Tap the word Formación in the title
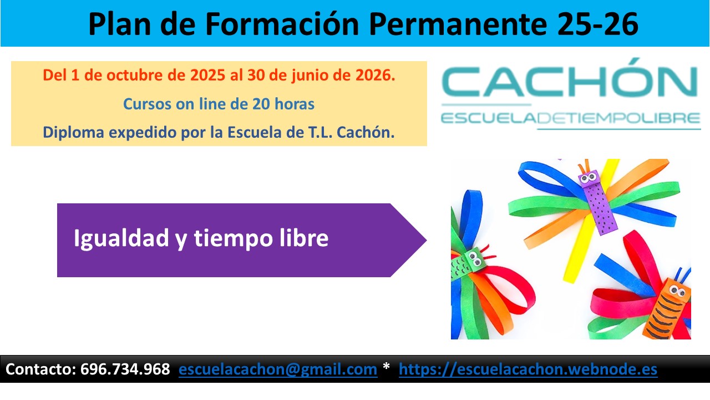[x=281, y=24]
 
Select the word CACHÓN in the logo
[x=570, y=82]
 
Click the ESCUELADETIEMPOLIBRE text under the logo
[x=570, y=118]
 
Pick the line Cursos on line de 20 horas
[x=219, y=104]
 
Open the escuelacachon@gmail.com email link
[x=278, y=369]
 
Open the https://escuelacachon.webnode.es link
[x=528, y=369]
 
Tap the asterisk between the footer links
[x=387, y=368]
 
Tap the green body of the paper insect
[x=466, y=267]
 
